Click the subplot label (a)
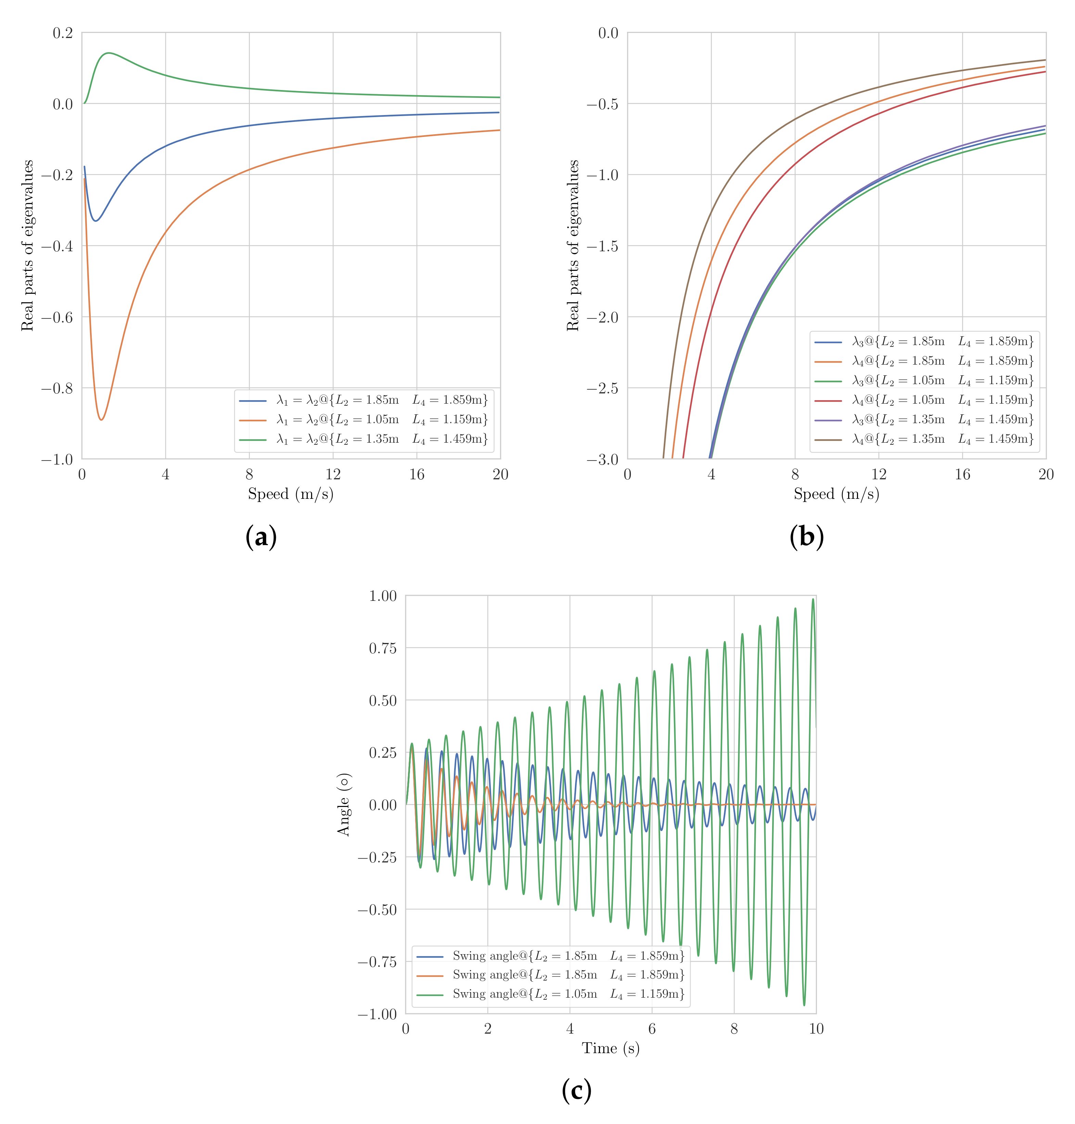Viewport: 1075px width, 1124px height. point(261,537)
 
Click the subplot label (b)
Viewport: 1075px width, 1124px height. point(806,537)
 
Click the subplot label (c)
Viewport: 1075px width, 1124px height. point(576,1090)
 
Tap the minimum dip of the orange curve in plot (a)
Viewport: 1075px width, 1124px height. point(101,419)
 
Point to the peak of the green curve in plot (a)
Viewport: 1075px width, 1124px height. point(108,53)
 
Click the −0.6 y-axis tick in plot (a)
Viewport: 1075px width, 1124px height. point(57,317)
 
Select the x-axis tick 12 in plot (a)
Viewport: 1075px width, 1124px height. point(333,474)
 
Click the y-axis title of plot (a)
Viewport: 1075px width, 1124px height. point(27,245)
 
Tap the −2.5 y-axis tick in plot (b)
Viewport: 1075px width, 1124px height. point(603,388)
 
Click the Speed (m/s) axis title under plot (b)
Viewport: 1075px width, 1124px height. point(836,494)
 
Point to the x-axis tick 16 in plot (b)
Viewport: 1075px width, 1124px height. point(962,474)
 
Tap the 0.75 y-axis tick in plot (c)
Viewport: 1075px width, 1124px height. point(383,648)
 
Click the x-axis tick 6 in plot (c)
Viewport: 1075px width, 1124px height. point(652,1029)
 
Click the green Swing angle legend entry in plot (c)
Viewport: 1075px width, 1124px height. point(568,994)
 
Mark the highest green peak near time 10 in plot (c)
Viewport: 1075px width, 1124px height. point(812,599)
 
